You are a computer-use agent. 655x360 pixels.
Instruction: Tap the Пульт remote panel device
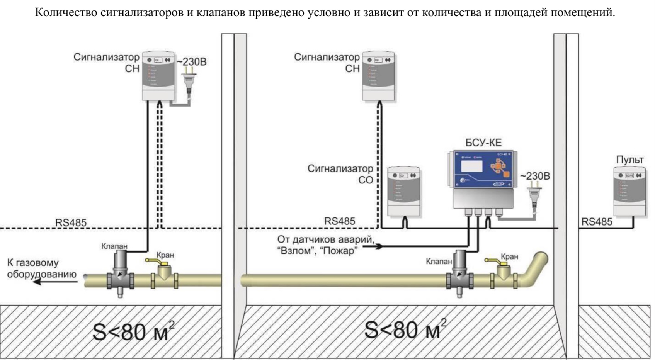(x=629, y=191)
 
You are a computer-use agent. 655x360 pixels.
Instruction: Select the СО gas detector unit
(x=404, y=191)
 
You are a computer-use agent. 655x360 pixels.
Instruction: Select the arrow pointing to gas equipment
(x=54, y=282)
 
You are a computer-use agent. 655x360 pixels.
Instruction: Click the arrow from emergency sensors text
(x=373, y=246)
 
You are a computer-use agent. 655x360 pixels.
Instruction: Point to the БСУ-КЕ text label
(x=483, y=143)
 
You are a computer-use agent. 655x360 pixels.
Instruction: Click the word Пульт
(x=630, y=160)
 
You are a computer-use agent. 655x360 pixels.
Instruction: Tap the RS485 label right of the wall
(x=597, y=222)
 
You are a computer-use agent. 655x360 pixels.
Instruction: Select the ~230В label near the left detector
(x=192, y=62)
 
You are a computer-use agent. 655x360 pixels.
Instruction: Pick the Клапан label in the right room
(x=439, y=262)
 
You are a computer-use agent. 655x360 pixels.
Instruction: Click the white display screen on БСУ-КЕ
(x=471, y=166)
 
